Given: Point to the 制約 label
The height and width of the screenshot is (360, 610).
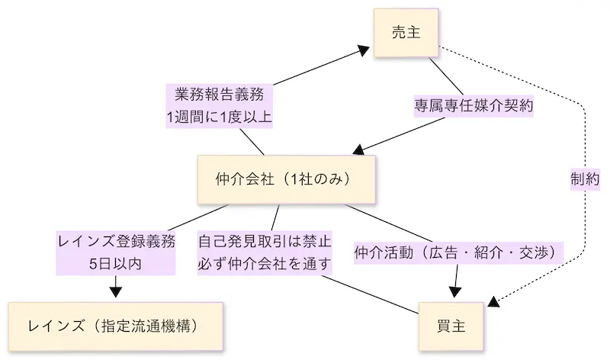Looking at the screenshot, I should coord(585,178).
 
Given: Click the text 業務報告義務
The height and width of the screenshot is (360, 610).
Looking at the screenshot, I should coord(219,96).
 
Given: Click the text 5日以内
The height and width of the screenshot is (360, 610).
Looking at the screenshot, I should coord(117,264).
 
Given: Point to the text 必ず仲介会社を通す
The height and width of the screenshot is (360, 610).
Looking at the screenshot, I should coord(265,264).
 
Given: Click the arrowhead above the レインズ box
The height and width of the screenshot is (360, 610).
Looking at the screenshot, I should coord(117,290).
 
